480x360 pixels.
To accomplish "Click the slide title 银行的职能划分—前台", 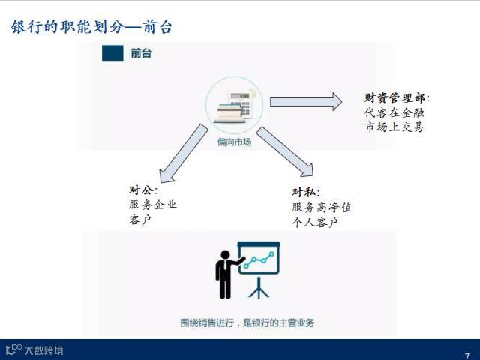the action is (x=91, y=28).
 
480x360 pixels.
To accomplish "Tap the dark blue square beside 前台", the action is (x=112, y=53).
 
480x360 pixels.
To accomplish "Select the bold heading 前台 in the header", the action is (x=141, y=53).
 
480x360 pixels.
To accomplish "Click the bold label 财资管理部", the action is (x=397, y=97).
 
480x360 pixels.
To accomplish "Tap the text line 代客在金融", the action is (x=394, y=112).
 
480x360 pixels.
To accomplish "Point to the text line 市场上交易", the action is (x=394, y=127).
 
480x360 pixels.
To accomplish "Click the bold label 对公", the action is (x=143, y=190).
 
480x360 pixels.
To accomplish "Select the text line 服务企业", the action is (x=153, y=205).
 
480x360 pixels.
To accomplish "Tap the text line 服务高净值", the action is (x=322, y=208).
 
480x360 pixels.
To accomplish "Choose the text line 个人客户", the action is (x=315, y=223).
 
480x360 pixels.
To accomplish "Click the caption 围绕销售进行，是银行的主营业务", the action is (x=247, y=322).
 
